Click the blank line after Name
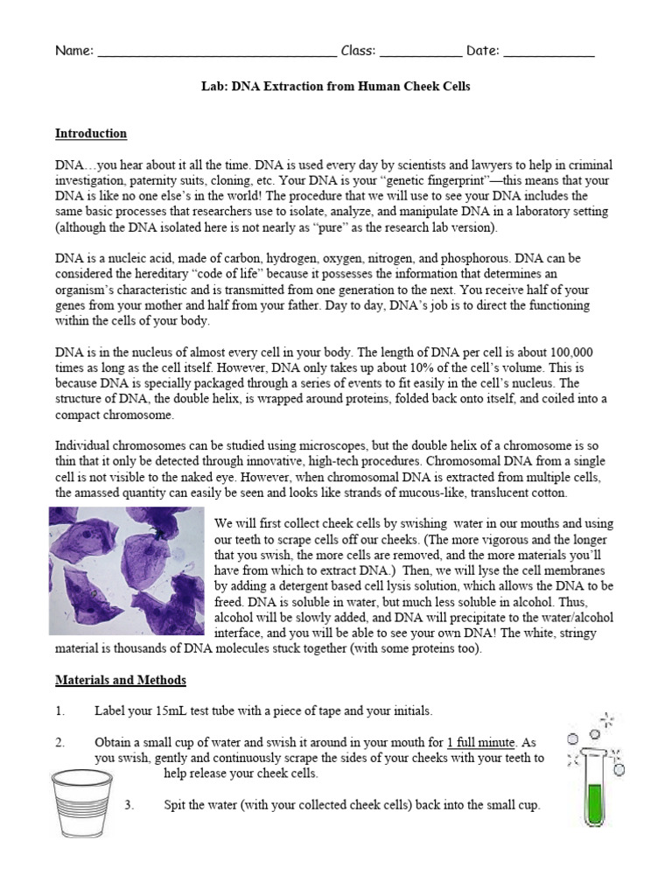(x=217, y=52)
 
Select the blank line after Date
(x=549, y=52)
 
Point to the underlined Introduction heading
(x=91, y=134)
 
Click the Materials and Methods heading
(x=121, y=680)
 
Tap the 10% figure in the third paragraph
(x=342, y=368)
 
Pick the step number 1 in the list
(x=59, y=711)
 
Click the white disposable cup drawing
(x=82, y=802)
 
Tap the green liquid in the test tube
(x=596, y=803)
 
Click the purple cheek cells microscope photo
(x=128, y=570)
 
